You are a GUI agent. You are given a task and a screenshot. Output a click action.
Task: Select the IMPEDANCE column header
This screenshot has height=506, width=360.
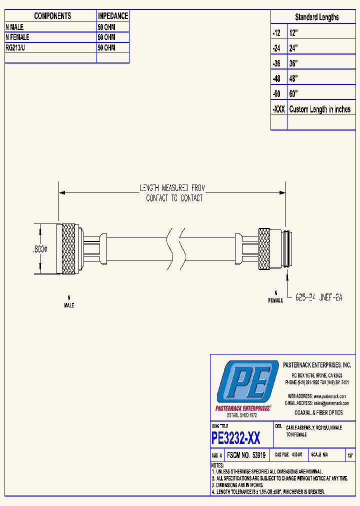point(112,16)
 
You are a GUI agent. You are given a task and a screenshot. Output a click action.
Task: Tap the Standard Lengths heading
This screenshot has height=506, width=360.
point(316,17)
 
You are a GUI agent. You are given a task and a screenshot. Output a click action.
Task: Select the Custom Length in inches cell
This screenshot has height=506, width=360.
point(320,109)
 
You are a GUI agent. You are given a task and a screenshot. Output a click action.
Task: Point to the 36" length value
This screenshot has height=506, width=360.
point(293,63)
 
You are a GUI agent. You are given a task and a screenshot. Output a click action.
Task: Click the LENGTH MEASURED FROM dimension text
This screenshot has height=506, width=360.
point(172,188)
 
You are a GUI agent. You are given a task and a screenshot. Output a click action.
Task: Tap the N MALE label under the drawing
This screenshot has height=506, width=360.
point(69,301)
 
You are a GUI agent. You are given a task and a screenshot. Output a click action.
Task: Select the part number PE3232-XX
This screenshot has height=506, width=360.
point(236,438)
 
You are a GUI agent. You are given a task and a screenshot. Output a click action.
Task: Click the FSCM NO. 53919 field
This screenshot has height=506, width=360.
point(245,455)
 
